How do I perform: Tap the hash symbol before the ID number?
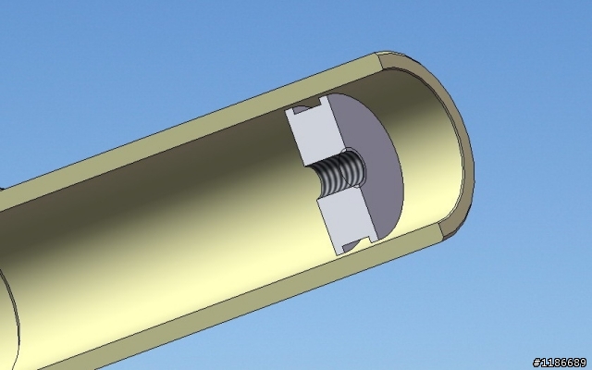[x=536, y=363]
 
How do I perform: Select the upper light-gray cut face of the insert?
[x=316, y=130]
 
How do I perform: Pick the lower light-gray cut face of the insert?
[x=347, y=219]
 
